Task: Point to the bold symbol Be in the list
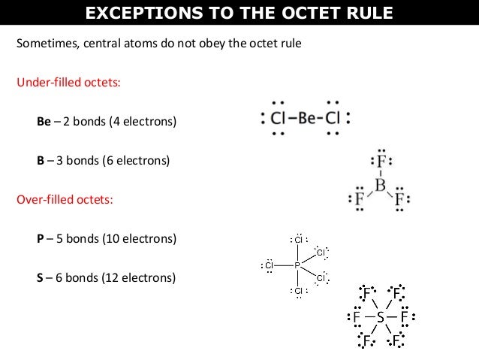(x=44, y=121)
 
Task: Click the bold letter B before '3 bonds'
(x=41, y=161)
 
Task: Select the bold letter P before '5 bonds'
(x=41, y=240)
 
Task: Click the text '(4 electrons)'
(x=145, y=121)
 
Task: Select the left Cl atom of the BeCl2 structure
(x=277, y=118)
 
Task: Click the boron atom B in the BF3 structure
(x=381, y=184)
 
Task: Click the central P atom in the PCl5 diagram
(x=297, y=265)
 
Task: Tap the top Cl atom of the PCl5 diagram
(x=298, y=240)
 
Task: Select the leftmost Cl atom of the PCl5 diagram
(x=269, y=265)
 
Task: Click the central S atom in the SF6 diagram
(x=381, y=317)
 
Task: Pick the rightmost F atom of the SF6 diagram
(x=405, y=317)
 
